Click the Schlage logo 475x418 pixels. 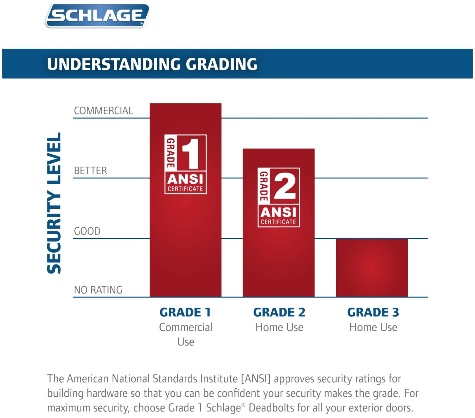tap(97, 16)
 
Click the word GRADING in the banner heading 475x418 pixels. tap(221, 64)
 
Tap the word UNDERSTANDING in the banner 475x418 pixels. tap(114, 64)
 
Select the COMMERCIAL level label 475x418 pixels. tap(103, 111)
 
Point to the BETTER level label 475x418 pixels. tap(90, 171)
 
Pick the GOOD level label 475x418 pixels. tap(87, 231)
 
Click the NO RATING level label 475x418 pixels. tap(98, 290)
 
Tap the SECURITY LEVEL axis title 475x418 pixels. tap(54, 203)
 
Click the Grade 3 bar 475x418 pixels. tap(372, 267)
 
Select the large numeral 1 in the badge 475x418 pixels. tap(190, 153)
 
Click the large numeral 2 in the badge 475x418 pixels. tap(285, 186)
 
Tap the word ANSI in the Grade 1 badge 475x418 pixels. tap(185, 179)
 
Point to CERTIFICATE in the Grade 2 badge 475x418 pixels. tap(278, 222)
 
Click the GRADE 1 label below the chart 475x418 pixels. tap(185, 312)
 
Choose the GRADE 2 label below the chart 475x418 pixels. tap(279, 312)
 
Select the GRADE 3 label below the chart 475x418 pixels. tap(373, 312)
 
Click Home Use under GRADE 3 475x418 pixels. tap(373, 327)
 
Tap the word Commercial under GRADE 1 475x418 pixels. tap(186, 327)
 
